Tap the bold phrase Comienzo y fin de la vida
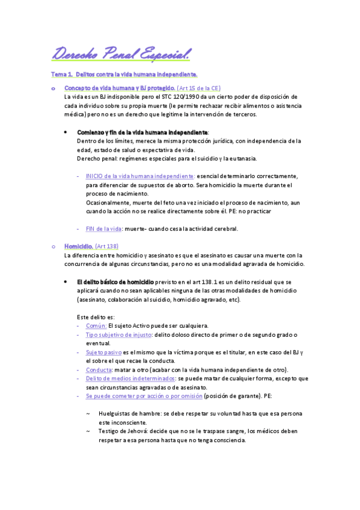pos(142,132)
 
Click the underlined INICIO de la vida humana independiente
pos(140,176)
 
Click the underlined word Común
pos(96,325)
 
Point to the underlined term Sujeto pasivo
pos(104,352)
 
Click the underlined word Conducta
pos(99,369)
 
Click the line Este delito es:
pos(96,317)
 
